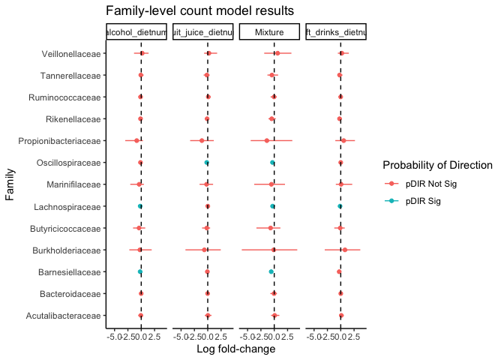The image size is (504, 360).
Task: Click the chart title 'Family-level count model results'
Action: pos(199,10)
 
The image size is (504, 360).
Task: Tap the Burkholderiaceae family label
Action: pos(70,250)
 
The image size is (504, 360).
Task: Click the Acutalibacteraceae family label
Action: pos(67,315)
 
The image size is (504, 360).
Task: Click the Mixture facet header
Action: pos(269,33)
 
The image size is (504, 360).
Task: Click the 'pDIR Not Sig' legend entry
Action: pos(430,184)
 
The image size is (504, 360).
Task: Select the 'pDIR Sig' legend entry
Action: pos(423,201)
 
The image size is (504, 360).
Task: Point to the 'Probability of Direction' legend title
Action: pos(436,165)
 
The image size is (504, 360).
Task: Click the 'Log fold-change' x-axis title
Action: pos(235,349)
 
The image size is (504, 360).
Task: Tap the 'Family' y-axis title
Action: pos(10,184)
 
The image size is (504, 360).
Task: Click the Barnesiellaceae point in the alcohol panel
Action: pos(140,271)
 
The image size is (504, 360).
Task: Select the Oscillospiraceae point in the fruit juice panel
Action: pos(206,163)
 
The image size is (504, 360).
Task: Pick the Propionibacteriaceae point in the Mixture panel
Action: pos(266,141)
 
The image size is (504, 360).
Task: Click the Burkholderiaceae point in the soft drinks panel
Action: pos(344,250)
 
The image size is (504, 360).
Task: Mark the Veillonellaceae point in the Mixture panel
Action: pos(277,53)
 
